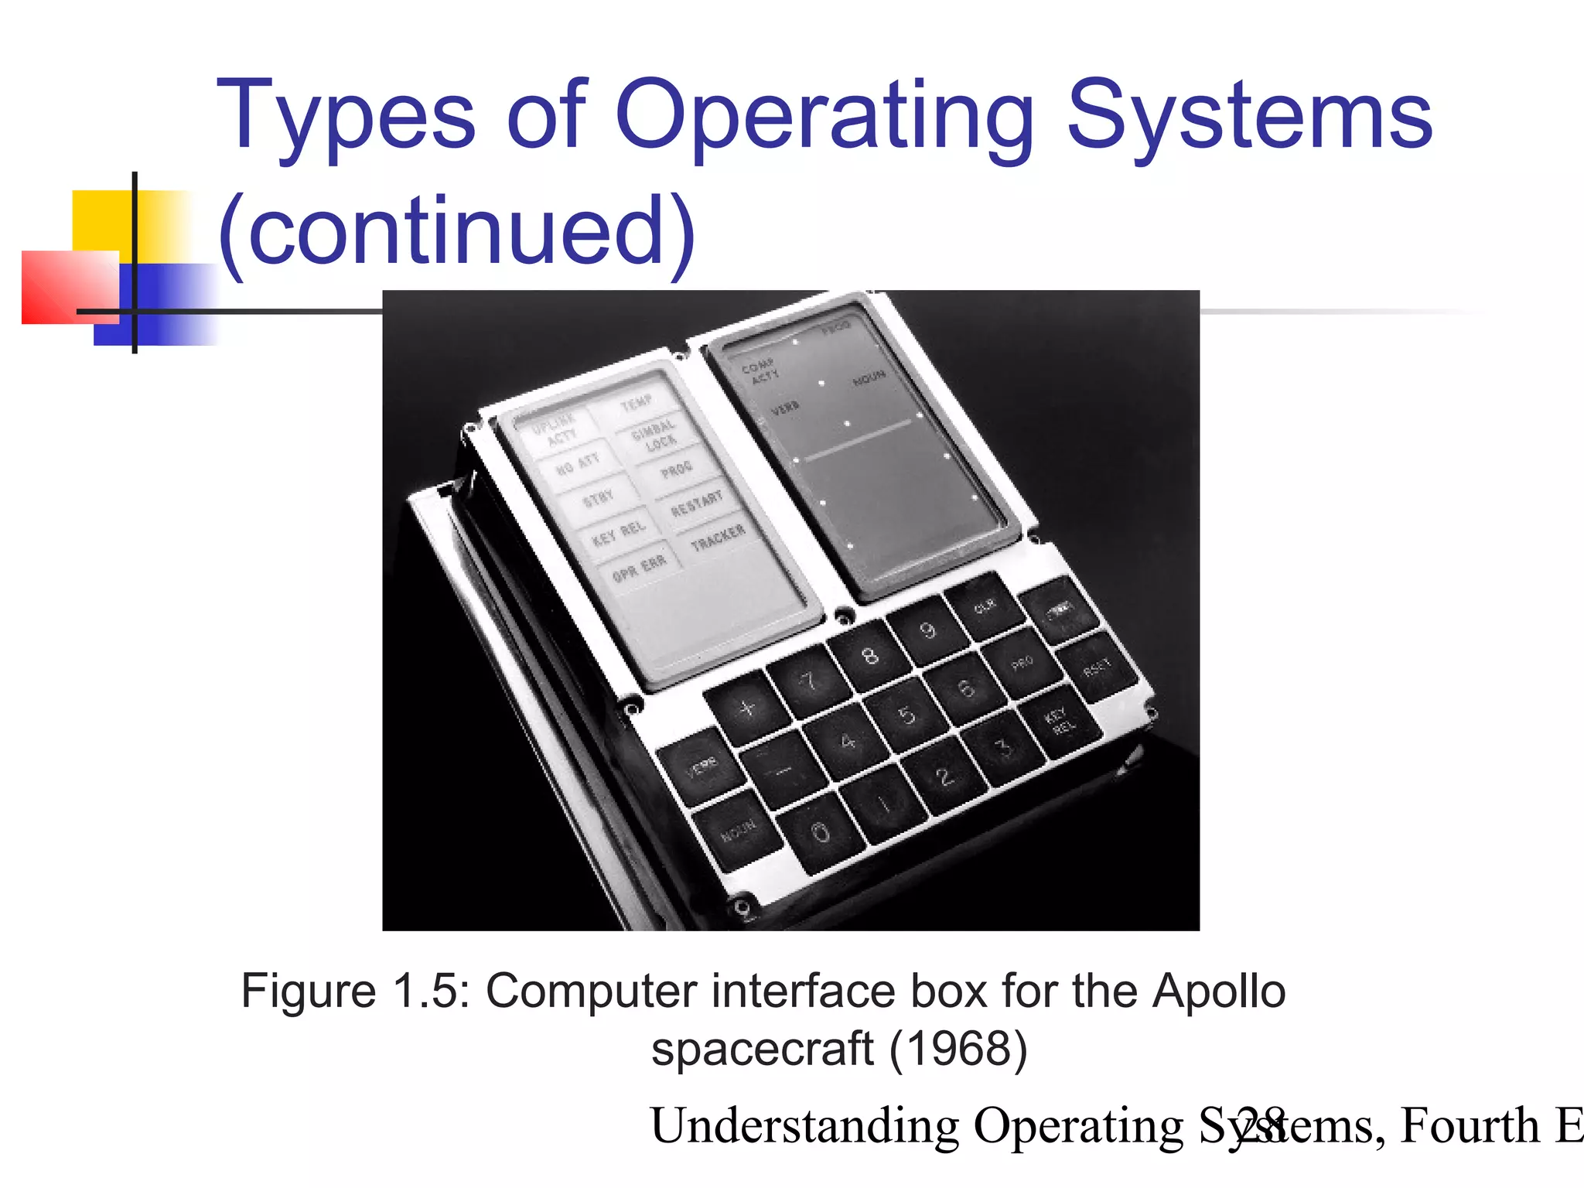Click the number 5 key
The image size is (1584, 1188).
point(906,715)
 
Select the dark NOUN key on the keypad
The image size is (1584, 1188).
point(738,831)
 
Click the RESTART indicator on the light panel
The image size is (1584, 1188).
point(696,503)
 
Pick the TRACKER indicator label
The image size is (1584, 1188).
point(718,538)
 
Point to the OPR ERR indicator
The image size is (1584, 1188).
point(639,569)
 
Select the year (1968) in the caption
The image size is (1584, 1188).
point(958,1050)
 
